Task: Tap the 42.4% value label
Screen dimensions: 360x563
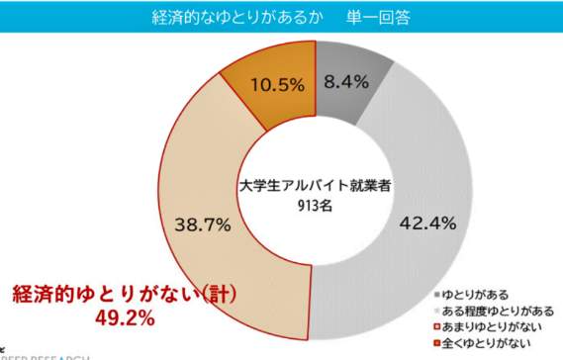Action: pos(426,224)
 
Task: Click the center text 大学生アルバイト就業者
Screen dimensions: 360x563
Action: pos(314,187)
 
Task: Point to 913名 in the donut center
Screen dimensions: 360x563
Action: pos(314,205)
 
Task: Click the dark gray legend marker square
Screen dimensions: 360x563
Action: pos(436,295)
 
